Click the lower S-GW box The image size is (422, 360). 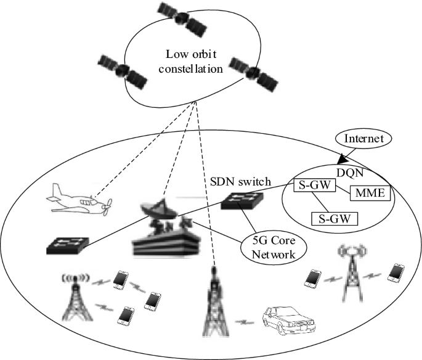pyautogui.click(x=335, y=218)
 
